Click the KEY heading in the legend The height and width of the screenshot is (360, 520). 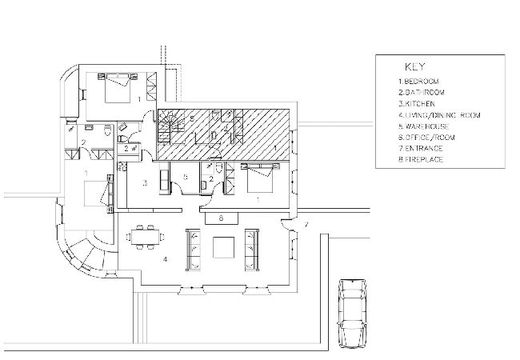(414, 66)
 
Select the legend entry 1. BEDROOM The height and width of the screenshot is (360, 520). (418, 82)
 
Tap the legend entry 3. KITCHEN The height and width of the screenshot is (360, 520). (417, 104)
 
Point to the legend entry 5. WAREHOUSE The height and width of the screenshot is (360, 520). (424, 126)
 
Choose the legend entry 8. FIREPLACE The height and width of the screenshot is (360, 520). (421, 159)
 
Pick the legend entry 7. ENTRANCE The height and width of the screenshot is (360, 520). (421, 148)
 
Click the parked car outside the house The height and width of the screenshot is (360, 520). (352, 314)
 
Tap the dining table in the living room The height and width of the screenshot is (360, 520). (145, 237)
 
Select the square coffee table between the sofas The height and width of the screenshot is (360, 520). (223, 247)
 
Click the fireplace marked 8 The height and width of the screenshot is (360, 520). (222, 218)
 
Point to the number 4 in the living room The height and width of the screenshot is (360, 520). (165, 259)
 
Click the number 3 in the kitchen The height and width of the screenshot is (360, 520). (145, 182)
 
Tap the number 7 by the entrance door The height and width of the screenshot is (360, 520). (306, 225)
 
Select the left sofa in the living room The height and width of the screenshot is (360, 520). (193, 250)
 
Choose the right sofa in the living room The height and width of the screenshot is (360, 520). (252, 250)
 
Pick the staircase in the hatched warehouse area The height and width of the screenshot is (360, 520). (170, 127)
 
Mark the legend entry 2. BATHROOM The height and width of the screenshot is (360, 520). (422, 93)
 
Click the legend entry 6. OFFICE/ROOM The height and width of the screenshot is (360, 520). (427, 138)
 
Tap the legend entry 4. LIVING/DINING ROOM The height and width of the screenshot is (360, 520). (439, 115)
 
